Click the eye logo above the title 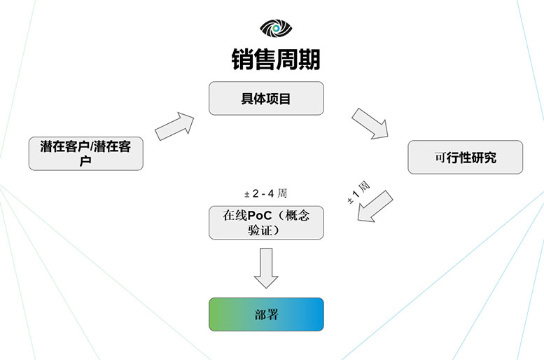click(x=275, y=28)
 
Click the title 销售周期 click(x=275, y=59)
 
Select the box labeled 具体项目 click(x=266, y=98)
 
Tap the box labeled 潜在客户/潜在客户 click(x=85, y=153)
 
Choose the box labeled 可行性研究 click(x=465, y=158)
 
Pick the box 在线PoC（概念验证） click(x=266, y=223)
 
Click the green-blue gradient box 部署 click(x=266, y=314)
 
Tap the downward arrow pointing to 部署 click(x=266, y=267)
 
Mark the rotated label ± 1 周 click(x=358, y=193)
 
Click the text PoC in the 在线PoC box click(x=259, y=216)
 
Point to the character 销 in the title click(x=242, y=59)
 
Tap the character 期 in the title click(x=309, y=59)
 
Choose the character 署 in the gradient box click(x=272, y=314)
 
